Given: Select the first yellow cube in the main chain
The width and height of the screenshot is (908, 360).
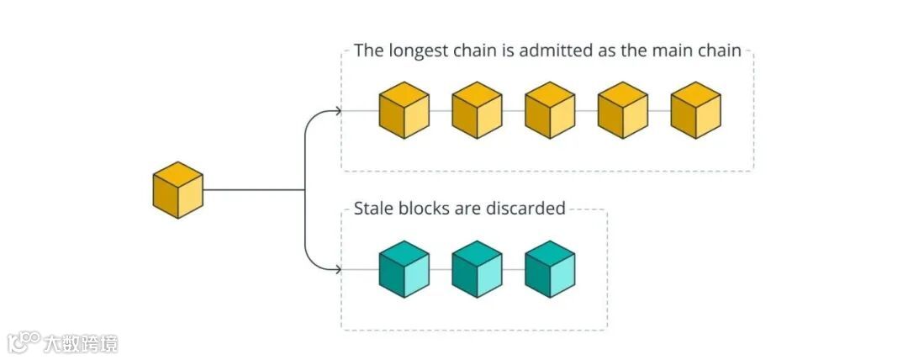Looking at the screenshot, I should (x=404, y=110).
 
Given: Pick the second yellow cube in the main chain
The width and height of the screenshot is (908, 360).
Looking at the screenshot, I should (x=477, y=110).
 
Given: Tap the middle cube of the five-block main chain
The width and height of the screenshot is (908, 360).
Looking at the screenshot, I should (x=550, y=110).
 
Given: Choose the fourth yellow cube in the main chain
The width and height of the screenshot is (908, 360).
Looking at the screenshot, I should (x=623, y=110).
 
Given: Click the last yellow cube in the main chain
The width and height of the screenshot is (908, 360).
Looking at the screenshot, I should (x=696, y=110).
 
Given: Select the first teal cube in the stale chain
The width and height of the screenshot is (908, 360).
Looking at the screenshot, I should (x=404, y=269).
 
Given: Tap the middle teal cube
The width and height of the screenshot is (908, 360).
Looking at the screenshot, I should (x=477, y=269).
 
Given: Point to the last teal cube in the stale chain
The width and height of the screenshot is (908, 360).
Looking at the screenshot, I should (x=550, y=269).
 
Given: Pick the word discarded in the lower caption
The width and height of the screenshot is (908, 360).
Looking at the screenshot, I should (x=525, y=208).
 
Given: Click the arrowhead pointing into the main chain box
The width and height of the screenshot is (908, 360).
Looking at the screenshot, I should (x=338, y=111).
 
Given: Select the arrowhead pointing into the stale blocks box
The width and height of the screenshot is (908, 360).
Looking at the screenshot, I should (x=338, y=270).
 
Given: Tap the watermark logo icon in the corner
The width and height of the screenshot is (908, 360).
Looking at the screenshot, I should (x=24, y=341).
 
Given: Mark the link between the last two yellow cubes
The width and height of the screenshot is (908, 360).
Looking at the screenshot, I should (x=659, y=111).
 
